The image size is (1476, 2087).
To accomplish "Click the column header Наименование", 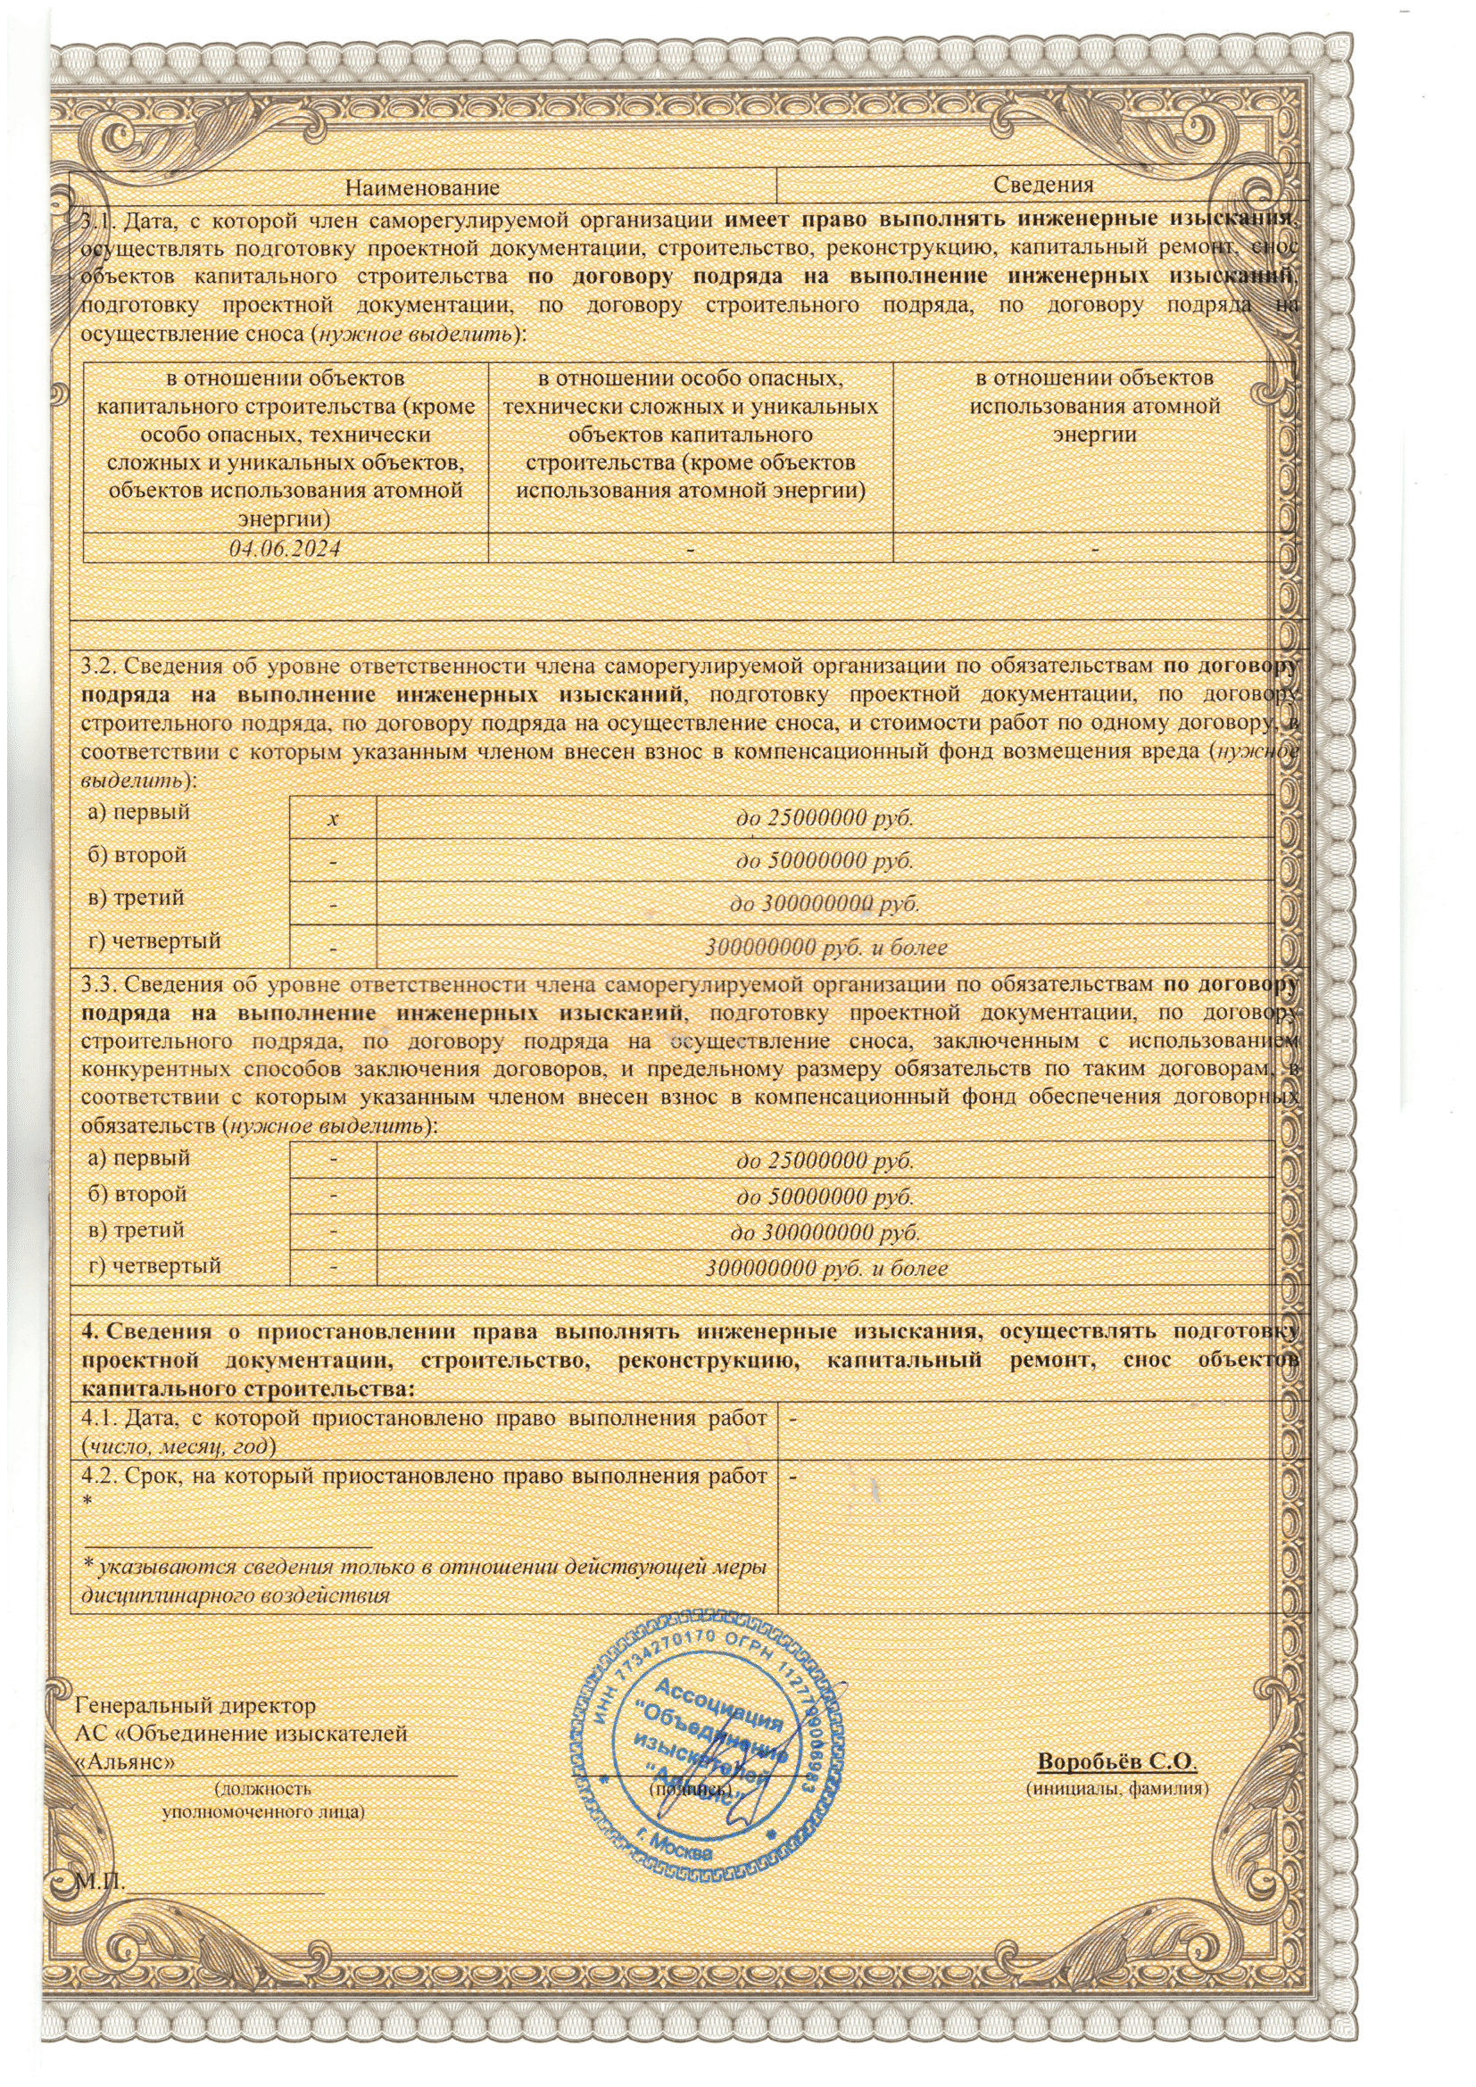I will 423,188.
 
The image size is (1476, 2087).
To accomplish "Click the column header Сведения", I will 1042,186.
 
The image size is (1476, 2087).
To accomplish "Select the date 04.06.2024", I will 286,549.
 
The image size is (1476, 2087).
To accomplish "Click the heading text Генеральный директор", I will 195,1706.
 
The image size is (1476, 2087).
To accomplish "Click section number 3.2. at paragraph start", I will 99,667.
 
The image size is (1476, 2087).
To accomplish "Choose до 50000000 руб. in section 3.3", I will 825,1197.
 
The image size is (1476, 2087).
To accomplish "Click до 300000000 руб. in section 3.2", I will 825,904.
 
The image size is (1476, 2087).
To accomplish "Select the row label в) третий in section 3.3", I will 137,1230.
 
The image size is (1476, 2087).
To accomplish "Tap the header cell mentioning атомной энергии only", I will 1094,406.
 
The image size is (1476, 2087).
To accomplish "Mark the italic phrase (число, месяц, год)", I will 179,1445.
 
